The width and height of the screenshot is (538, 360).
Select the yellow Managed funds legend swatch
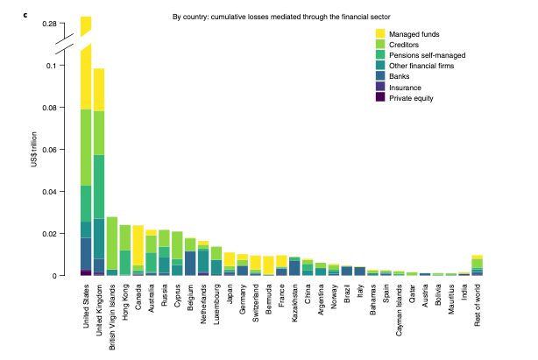pyautogui.click(x=379, y=34)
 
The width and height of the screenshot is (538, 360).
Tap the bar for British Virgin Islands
pyautogui.click(x=112, y=245)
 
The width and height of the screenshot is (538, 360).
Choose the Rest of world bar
pyautogui.click(x=477, y=265)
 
